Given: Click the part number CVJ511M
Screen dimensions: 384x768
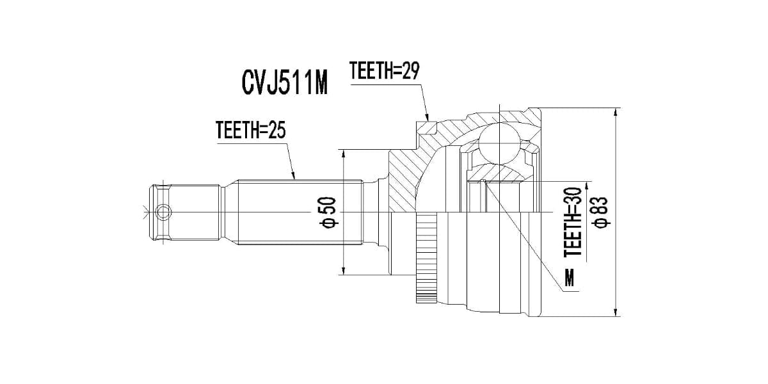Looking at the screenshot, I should pos(284,83).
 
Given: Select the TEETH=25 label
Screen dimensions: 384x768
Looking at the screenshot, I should pos(250,131).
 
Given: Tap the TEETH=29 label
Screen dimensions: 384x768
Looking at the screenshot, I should pos(384,71).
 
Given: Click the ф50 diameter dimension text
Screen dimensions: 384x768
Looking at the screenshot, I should pos(329,212).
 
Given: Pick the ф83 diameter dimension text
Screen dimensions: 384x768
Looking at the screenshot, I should pos(600,212).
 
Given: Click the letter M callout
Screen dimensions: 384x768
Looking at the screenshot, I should pos(569,277).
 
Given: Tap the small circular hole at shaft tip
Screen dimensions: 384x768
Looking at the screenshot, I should pos(164,211).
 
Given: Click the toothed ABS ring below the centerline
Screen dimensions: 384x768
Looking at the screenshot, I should pos(426,259).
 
